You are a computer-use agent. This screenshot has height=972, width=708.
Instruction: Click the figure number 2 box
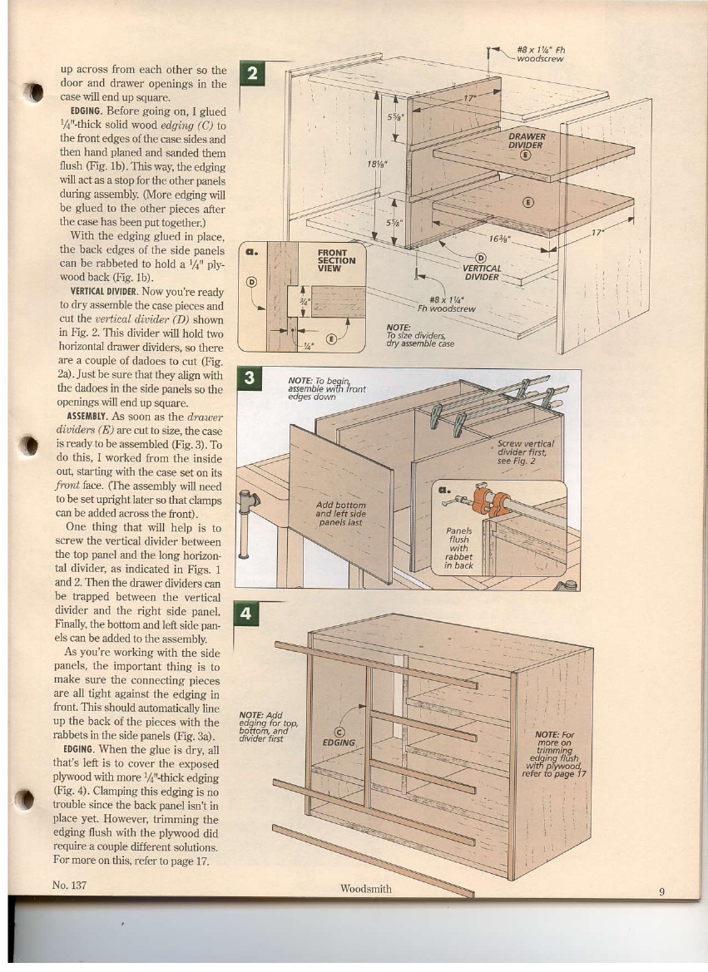(x=250, y=73)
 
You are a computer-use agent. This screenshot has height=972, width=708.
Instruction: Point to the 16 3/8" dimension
(x=500, y=238)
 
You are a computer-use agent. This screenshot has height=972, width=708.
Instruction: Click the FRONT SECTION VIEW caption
(x=338, y=254)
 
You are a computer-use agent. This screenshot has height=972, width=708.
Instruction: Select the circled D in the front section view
(x=250, y=280)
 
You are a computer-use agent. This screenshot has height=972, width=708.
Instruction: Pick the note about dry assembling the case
(x=420, y=335)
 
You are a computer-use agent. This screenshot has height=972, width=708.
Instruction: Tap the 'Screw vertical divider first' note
(x=525, y=453)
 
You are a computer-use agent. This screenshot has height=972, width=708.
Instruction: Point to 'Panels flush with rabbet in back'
(x=459, y=547)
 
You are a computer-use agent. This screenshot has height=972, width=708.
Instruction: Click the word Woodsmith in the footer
(x=366, y=889)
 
